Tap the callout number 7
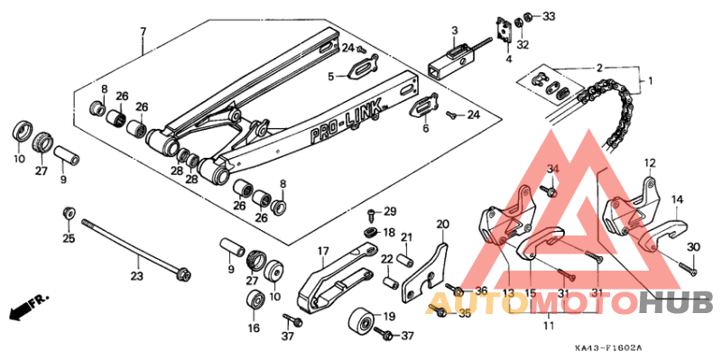(142, 32)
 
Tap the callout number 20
(442, 224)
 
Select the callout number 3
(455, 31)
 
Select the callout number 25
(68, 238)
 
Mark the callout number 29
(390, 212)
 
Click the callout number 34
(553, 169)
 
